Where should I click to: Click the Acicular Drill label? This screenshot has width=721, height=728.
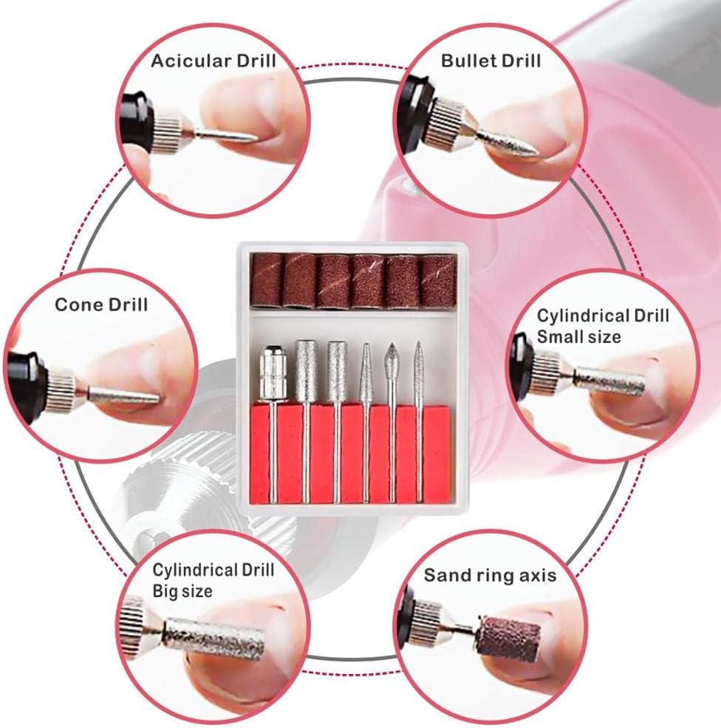tap(213, 61)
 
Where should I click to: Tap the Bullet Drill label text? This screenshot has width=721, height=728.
tap(491, 61)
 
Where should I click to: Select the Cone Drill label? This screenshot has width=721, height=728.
tap(101, 305)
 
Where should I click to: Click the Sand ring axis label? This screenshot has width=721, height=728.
tap(490, 575)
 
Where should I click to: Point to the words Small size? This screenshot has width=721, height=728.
tap(578, 336)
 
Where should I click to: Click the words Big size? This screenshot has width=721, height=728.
tap(182, 591)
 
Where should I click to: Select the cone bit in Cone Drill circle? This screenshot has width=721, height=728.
tap(124, 395)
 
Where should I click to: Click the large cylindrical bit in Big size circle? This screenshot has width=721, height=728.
tap(214, 640)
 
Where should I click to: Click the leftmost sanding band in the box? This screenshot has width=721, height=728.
tap(267, 280)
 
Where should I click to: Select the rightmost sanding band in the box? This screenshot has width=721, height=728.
tap(437, 280)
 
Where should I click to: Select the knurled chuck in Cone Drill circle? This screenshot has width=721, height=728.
tap(61, 389)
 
